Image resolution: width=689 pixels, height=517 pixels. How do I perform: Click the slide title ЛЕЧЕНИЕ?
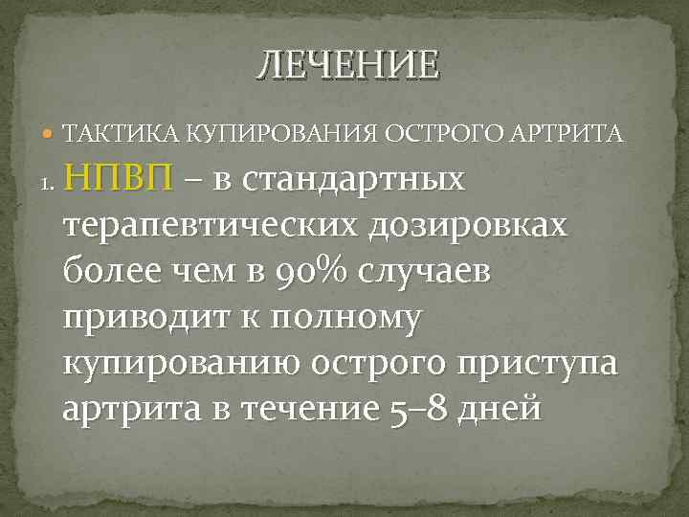[x=347, y=65]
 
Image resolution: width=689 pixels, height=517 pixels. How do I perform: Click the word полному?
[x=345, y=318]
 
